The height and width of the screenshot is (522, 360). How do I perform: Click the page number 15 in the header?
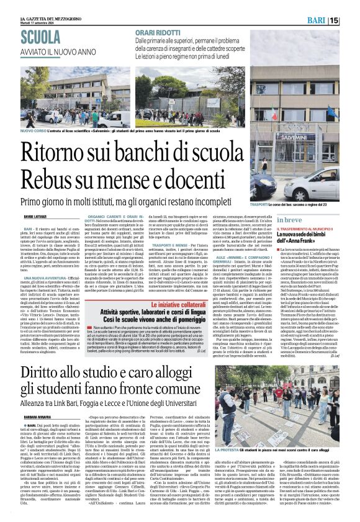351,20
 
